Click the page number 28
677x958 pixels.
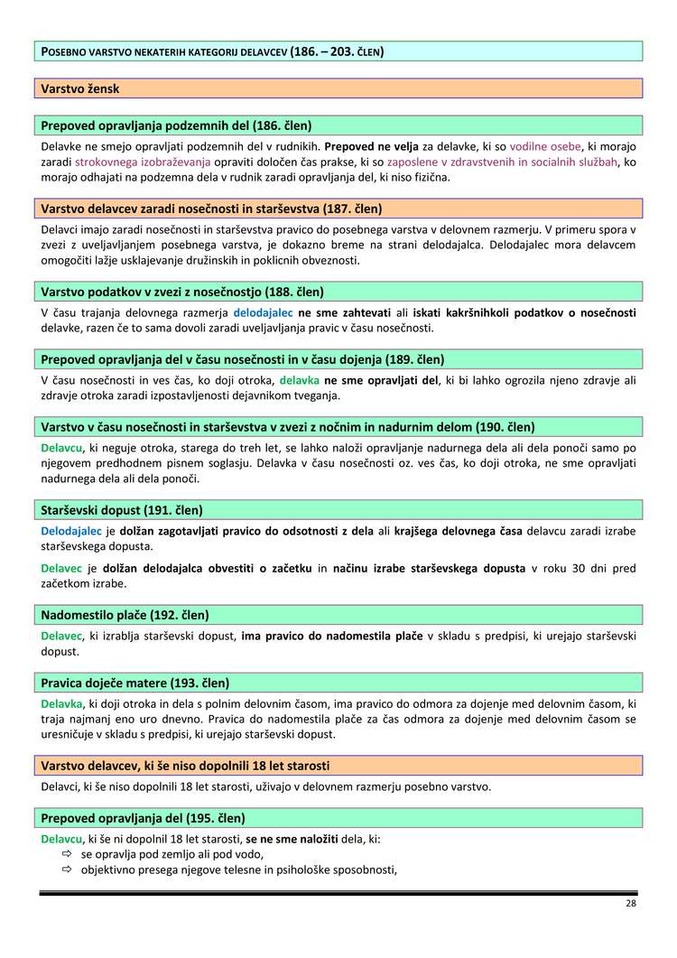[630, 904]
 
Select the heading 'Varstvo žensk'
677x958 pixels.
[80, 88]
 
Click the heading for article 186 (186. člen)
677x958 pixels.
[177, 126]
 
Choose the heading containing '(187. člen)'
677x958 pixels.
[211, 209]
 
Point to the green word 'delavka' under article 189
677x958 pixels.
[299, 380]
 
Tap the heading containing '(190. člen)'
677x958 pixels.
[288, 426]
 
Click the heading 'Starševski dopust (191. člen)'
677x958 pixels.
[122, 510]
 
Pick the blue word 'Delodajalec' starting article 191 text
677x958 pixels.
[71, 531]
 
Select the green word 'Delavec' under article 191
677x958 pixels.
[62, 568]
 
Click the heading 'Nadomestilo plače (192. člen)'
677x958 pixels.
[125, 615]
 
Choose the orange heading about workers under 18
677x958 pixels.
[185, 766]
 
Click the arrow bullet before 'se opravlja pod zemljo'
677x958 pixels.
[66, 853]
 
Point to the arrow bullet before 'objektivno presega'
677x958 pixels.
[66, 870]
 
